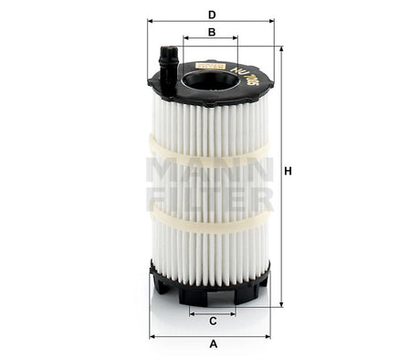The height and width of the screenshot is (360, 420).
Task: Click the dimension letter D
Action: (212, 14)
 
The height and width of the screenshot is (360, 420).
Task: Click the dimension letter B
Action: (212, 32)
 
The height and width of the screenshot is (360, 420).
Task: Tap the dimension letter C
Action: (212, 321)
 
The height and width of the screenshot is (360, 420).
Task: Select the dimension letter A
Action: (212, 344)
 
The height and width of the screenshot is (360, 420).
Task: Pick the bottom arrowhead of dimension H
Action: (281, 303)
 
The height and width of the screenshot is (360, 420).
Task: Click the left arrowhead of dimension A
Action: (152, 335)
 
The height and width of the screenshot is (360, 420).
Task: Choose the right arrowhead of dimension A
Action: (271, 335)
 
